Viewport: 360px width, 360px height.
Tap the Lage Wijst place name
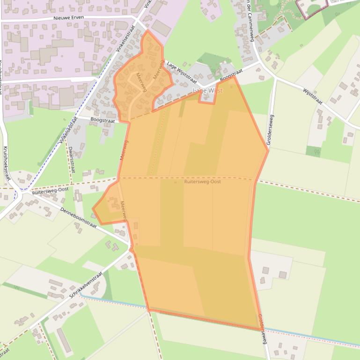point(207,90)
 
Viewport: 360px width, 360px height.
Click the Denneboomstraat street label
point(78,217)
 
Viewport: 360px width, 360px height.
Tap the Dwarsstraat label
point(71,159)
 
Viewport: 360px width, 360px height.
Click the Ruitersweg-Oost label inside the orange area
point(202,181)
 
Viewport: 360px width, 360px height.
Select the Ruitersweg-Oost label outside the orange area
point(50,191)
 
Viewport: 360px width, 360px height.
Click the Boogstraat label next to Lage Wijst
point(231,75)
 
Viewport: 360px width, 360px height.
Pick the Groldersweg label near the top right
point(272,129)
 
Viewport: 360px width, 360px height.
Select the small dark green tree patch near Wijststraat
point(313,151)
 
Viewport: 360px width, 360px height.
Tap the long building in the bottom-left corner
point(65,340)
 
